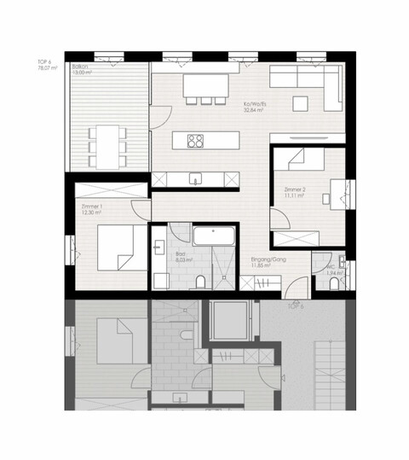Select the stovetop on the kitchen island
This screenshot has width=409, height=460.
[x=195, y=141]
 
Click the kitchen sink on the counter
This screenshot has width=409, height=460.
[x=195, y=178]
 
